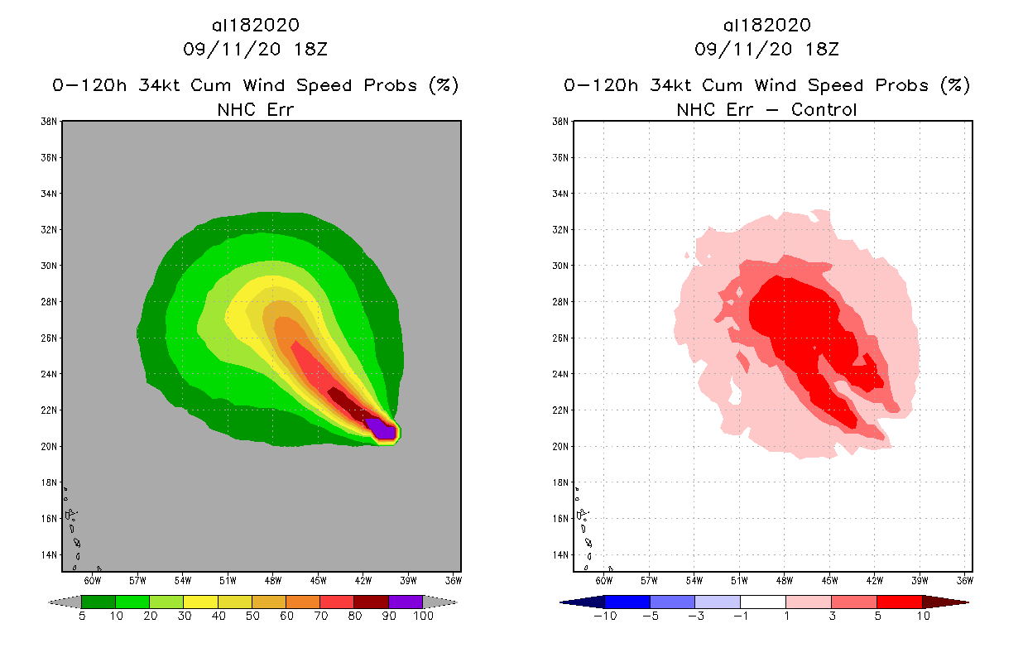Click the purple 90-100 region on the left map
point(381,429)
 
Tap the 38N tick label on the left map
point(50,122)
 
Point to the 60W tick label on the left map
point(92,579)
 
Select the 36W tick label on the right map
point(964,579)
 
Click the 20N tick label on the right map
point(561,446)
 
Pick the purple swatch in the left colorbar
point(406,602)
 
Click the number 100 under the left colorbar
point(422,616)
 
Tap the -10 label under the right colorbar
point(605,616)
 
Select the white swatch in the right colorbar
point(762,602)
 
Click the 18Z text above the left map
point(310,49)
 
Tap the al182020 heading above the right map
point(766,26)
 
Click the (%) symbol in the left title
point(444,85)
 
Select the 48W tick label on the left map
point(272,579)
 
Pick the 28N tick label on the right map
point(561,302)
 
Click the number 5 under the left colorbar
point(81,616)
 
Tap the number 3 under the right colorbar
point(830,616)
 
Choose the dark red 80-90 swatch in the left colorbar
point(371,602)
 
